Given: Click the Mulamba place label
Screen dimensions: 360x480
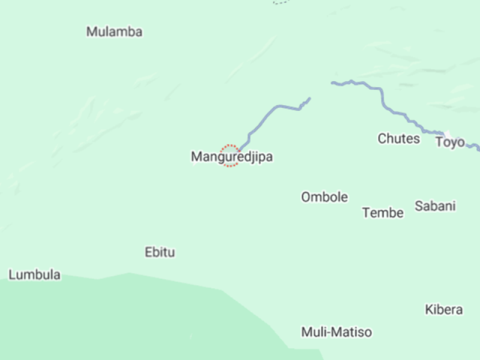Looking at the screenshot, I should (114, 32).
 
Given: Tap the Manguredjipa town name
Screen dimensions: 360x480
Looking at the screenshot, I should (232, 157).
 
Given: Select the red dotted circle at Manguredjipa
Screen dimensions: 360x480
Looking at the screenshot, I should (230, 155).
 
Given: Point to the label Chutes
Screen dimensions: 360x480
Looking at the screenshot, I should (398, 139).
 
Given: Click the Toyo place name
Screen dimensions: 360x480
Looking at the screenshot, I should (449, 142).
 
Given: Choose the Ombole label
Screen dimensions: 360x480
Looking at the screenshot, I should (324, 197).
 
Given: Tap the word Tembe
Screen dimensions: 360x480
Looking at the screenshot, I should (383, 212).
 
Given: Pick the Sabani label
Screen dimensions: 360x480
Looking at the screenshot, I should (435, 206).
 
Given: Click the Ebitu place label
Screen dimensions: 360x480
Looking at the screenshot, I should (160, 252).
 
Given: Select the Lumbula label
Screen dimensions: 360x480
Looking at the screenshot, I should (34, 275).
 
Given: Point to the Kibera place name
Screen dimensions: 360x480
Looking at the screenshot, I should (443, 310).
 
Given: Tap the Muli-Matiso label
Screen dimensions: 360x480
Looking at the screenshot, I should (336, 332).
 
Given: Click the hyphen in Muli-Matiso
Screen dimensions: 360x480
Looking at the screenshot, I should (329, 332).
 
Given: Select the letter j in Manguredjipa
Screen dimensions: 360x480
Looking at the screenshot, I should (251, 158).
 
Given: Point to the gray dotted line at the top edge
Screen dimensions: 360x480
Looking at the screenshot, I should (281, 2).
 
